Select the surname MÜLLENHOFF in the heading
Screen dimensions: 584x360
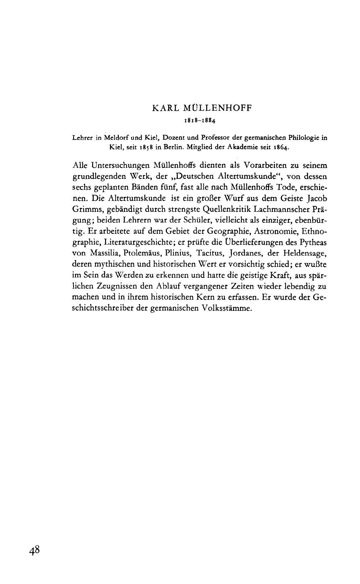pos(216,108)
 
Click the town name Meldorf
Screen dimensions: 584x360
pos(119,138)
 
